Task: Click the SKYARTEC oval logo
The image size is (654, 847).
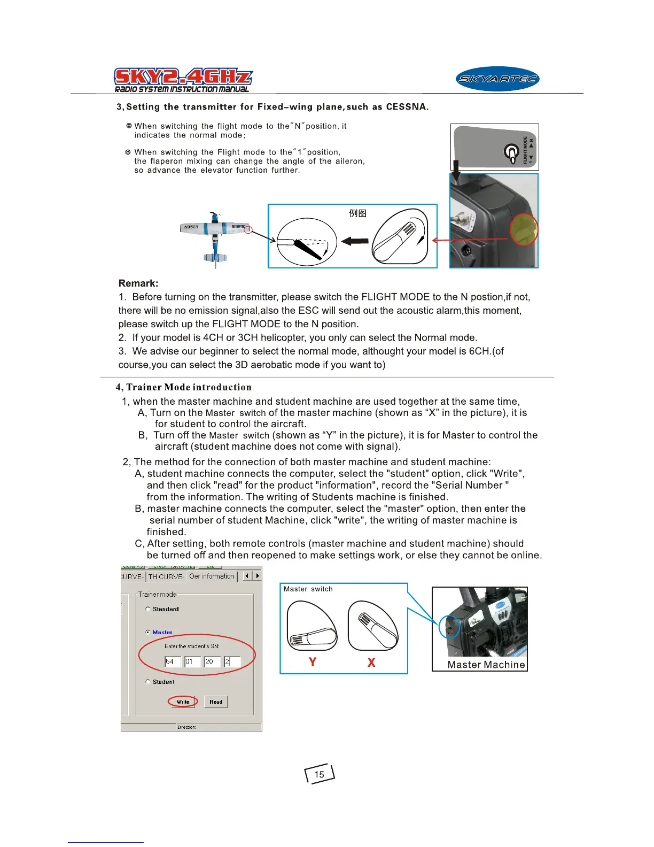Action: pos(497,80)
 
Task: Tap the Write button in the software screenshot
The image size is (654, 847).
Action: pos(183,702)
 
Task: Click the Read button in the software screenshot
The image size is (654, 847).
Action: pos(216,702)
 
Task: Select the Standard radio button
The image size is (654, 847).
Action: pos(148,609)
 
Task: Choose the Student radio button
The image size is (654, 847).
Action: pos(148,682)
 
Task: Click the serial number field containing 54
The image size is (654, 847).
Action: pos(173,661)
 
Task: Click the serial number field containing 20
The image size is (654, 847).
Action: pos(212,661)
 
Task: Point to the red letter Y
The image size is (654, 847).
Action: pos(313,662)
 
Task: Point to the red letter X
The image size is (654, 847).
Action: pos(371,663)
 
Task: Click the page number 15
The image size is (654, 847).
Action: pos(320,774)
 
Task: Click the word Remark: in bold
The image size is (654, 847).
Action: pos(138,283)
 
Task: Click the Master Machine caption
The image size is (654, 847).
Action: pos(486,665)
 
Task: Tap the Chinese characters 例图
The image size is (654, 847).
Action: pos(357,213)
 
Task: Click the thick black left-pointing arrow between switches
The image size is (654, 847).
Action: pos(354,241)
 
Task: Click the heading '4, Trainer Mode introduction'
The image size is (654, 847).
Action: pos(183,387)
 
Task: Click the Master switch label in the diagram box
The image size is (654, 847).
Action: pos(308,589)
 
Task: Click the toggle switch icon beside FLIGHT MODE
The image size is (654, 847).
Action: pos(511,152)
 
